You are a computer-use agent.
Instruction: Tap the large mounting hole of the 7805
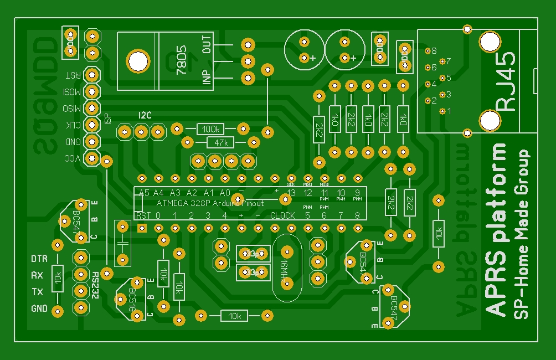coord(137,60)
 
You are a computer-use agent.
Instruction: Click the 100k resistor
coord(210,129)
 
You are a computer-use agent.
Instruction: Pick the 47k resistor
coord(220,143)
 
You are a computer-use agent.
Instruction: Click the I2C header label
coord(145,115)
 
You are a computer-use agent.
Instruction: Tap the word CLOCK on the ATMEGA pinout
coord(282,215)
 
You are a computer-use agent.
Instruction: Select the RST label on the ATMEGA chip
coord(143,215)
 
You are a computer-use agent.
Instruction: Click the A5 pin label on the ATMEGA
coord(144,193)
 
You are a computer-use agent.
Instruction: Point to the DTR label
coord(39,259)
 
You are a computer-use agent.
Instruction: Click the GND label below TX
coord(39,308)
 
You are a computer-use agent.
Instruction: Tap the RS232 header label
coord(96,286)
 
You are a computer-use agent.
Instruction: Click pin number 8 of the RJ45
coord(434,50)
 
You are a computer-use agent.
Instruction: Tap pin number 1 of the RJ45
coord(449,111)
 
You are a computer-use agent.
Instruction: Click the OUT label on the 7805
coord(207,44)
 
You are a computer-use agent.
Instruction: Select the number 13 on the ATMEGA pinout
coord(291,193)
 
